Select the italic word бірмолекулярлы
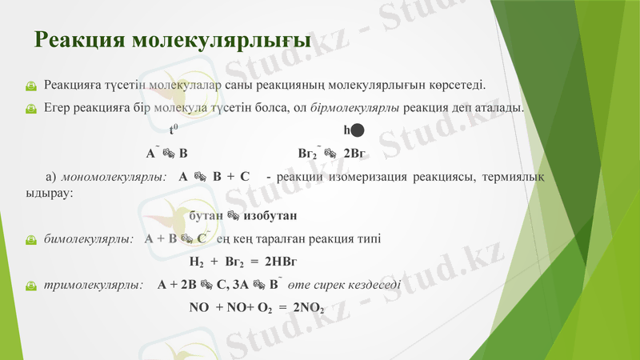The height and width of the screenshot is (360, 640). coord(355,107)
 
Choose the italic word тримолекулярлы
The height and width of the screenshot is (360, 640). coord(93,284)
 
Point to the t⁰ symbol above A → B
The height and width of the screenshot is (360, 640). coord(172,130)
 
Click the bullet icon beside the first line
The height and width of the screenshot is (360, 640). coord(30,85)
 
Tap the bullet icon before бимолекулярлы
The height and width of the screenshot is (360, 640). coord(30,239)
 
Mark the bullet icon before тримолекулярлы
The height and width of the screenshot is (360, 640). coord(30,285)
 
